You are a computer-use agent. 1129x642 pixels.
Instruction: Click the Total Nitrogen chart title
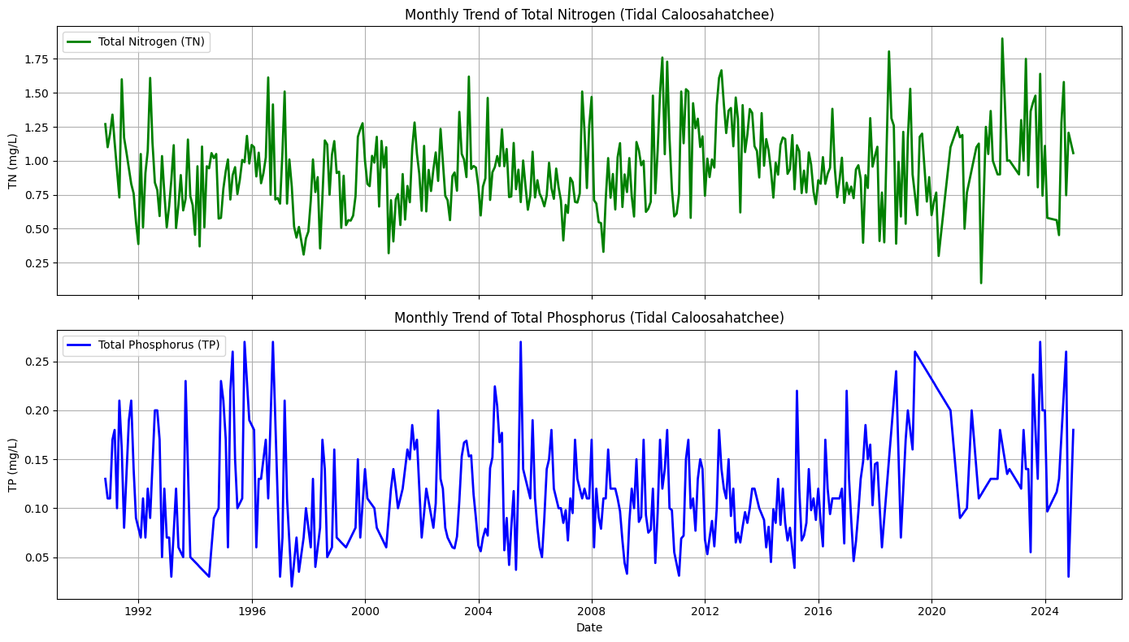pos(589,15)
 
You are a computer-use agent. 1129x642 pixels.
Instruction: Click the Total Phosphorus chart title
pos(589,318)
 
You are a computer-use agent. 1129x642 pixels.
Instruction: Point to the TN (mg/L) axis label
pos(13,160)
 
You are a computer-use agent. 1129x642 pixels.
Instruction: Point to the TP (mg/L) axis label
pos(13,465)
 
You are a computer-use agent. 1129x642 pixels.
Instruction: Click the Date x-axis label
pos(589,627)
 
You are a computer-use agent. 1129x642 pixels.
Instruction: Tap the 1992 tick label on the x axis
pos(138,612)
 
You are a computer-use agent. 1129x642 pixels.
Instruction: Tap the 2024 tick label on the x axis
pos(1044,612)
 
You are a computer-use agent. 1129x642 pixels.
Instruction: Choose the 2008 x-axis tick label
pos(592,612)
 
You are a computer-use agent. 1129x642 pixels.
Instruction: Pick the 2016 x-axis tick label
pos(818,612)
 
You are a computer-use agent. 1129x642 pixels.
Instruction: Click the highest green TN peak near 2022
pos(1002,38)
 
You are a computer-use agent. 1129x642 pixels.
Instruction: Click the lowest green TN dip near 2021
pos(981,283)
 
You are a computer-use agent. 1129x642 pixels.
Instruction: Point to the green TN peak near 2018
pos(888,51)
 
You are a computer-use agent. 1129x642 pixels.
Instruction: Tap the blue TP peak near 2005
pos(520,342)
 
